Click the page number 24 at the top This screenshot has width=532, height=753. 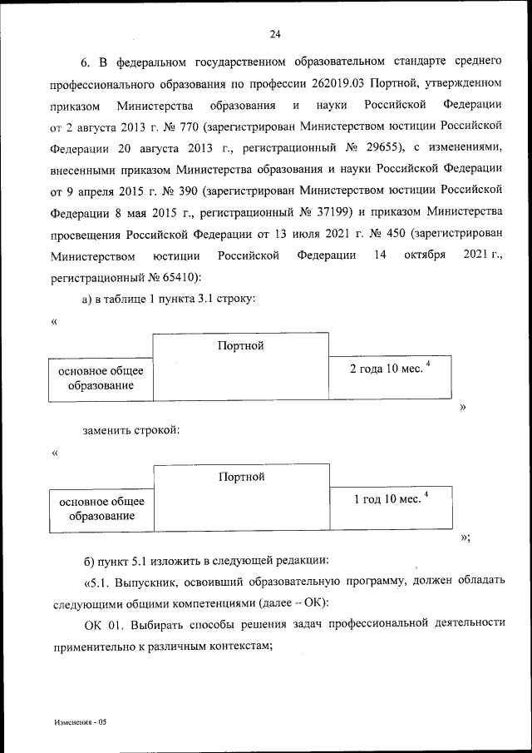click(x=275, y=34)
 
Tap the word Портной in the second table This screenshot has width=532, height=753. click(x=241, y=477)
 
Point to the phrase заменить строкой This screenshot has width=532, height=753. click(x=131, y=430)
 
